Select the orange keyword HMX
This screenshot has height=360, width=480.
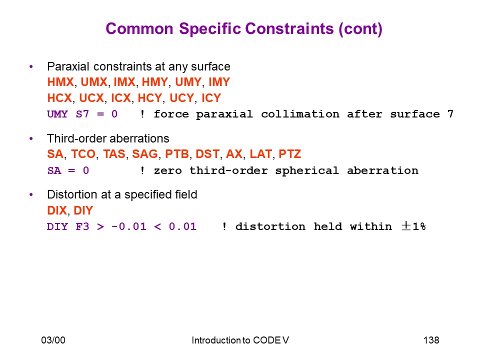(x=60, y=82)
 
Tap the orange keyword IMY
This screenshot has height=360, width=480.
(x=219, y=82)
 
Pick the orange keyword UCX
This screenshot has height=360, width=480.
(x=91, y=98)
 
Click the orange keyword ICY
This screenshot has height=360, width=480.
(x=211, y=98)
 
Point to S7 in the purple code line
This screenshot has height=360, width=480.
(x=82, y=114)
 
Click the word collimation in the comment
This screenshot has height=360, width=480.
(x=300, y=114)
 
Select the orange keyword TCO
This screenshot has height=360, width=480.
(x=83, y=154)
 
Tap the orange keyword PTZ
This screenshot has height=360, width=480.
(x=290, y=154)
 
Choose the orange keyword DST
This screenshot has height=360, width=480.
(x=207, y=154)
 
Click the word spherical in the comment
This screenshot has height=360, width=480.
(x=306, y=170)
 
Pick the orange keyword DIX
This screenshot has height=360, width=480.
(x=57, y=210)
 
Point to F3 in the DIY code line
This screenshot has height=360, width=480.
(x=82, y=227)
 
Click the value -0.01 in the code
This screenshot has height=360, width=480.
(x=129, y=227)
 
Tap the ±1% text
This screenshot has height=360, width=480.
(x=413, y=226)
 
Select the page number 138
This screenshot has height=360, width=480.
(x=431, y=340)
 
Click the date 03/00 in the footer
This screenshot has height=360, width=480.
(x=53, y=340)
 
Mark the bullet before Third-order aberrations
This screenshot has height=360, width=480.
(x=31, y=138)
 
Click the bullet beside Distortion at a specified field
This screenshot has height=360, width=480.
(x=31, y=194)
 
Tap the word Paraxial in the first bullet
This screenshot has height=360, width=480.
(x=68, y=66)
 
